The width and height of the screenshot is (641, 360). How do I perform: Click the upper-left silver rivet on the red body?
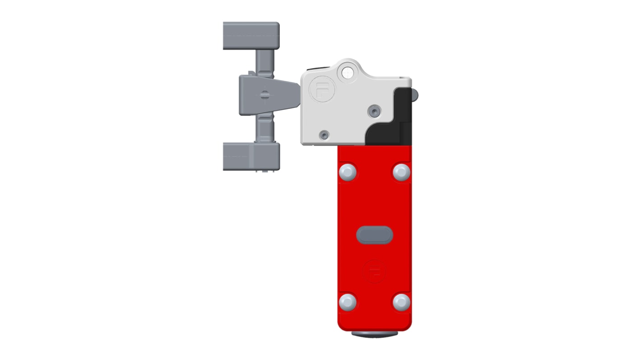click(x=347, y=172)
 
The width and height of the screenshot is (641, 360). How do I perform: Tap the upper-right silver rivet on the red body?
click(x=401, y=172)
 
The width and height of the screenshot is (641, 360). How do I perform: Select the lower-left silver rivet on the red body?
click(x=347, y=302)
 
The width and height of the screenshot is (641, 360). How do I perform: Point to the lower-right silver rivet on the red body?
click(x=401, y=302)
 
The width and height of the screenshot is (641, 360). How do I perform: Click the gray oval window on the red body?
click(x=374, y=235)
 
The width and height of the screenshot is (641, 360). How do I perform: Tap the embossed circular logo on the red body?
click(x=374, y=271)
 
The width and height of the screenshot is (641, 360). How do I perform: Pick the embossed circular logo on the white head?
click(x=321, y=90)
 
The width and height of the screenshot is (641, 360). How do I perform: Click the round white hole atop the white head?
click(x=348, y=72)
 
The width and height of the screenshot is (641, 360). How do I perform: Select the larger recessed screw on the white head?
click(x=374, y=111)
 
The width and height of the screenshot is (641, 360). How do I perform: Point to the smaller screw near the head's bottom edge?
click(x=324, y=135)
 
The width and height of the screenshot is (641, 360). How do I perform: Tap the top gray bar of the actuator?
click(x=251, y=36)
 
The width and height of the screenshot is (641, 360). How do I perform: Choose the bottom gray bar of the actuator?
click(x=251, y=156)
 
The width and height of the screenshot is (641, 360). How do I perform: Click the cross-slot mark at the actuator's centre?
click(x=265, y=95)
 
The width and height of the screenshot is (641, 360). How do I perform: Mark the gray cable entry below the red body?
click(x=374, y=334)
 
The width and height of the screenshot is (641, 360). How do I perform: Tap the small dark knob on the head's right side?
click(x=415, y=95)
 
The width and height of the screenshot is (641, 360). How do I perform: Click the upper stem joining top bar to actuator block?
click(x=265, y=62)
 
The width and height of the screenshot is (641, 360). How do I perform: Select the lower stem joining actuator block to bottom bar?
click(x=265, y=128)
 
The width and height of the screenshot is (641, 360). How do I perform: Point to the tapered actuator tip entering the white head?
click(x=287, y=95)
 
